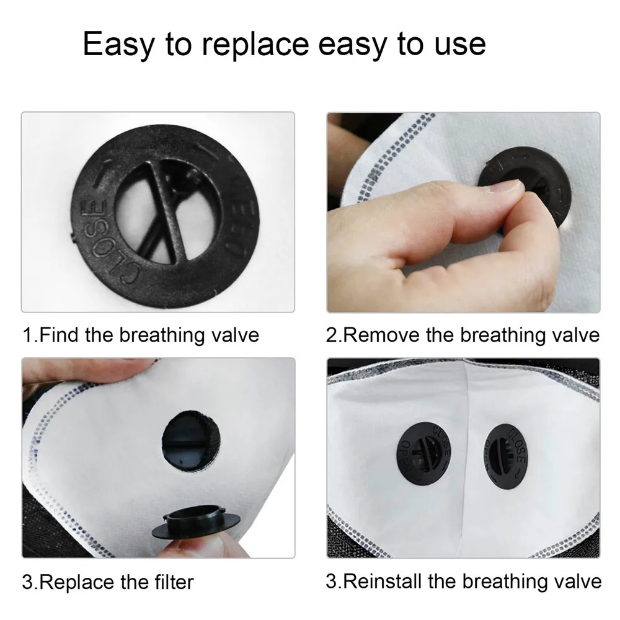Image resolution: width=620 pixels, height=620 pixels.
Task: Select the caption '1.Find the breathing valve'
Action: pos(141,335)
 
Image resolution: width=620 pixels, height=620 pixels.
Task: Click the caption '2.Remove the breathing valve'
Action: pos(463,335)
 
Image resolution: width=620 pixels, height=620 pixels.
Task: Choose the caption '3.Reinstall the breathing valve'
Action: pos(463,581)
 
